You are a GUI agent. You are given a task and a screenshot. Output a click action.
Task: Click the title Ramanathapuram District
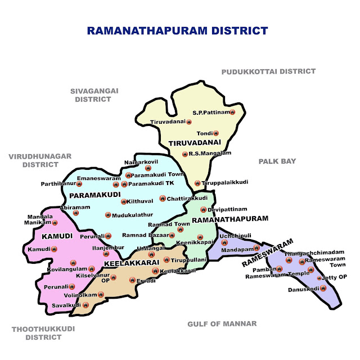pos(178,30)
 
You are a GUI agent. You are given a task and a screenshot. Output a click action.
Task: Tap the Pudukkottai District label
pos(268,71)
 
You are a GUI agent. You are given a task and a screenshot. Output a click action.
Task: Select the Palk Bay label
pos(277,161)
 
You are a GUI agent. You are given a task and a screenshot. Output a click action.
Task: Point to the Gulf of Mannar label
pos(222,323)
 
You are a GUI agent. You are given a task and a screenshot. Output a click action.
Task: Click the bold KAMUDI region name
pos(57,236)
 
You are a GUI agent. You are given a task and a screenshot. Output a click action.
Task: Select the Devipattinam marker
pos(203,210)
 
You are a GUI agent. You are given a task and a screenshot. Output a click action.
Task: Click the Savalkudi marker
pos(87,305)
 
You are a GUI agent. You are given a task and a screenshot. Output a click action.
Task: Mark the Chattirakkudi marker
pos(162,198)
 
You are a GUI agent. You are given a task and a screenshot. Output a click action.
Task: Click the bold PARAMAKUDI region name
pos(96,195)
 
